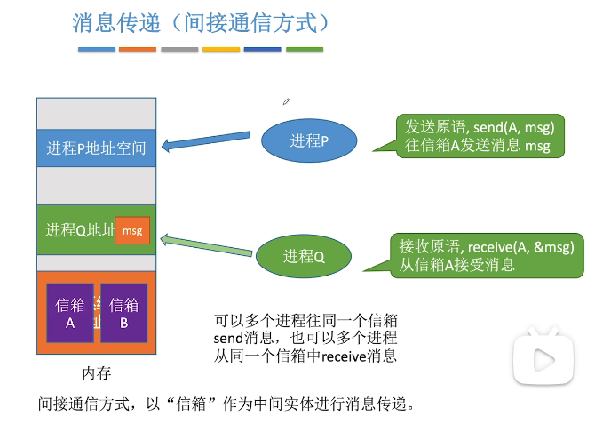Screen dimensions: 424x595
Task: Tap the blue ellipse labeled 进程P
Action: click(309, 140)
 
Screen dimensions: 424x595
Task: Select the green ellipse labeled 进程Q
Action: click(304, 257)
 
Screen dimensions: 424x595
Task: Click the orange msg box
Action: click(132, 231)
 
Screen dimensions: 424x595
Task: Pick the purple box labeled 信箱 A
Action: click(70, 313)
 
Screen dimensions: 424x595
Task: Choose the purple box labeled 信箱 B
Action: click(123, 313)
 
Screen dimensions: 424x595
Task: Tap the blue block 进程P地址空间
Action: click(96, 148)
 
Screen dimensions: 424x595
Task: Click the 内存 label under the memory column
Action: click(96, 372)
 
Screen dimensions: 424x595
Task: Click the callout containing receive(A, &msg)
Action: click(487, 254)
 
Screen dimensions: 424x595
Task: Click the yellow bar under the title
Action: click(221, 49)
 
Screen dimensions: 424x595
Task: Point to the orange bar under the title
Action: click(138, 49)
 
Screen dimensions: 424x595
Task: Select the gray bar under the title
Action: click(179, 49)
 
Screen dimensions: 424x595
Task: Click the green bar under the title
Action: click(305, 49)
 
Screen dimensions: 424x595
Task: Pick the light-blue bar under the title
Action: click(96, 49)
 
